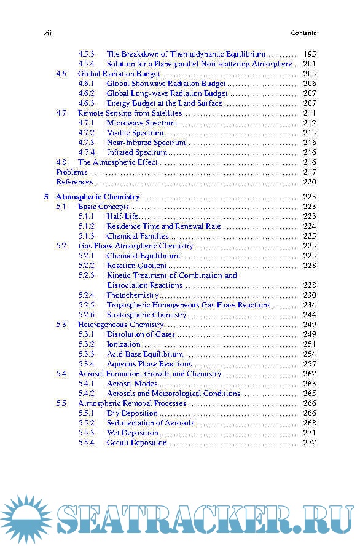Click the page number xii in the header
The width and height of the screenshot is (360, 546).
click(x=47, y=33)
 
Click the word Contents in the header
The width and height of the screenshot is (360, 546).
click(x=303, y=33)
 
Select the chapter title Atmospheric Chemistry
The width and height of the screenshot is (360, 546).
click(x=98, y=197)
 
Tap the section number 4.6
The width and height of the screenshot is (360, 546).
click(x=61, y=74)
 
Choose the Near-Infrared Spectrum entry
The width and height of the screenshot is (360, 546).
click(x=146, y=143)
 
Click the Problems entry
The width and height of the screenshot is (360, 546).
click(x=71, y=172)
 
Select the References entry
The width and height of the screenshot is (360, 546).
click(x=74, y=182)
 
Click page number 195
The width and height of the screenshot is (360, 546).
click(x=310, y=54)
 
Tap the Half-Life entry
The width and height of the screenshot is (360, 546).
click(x=122, y=216)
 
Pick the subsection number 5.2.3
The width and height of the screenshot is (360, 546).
click(x=86, y=275)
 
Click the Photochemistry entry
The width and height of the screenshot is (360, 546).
click(x=133, y=295)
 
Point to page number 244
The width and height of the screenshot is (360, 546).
click(x=310, y=315)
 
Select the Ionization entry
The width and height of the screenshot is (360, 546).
click(x=123, y=344)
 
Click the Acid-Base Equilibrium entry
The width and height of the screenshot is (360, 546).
click(x=145, y=354)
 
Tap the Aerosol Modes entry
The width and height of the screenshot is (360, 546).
click(x=132, y=384)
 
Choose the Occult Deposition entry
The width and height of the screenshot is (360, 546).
click(x=137, y=443)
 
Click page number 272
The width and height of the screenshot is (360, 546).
click(x=310, y=443)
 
